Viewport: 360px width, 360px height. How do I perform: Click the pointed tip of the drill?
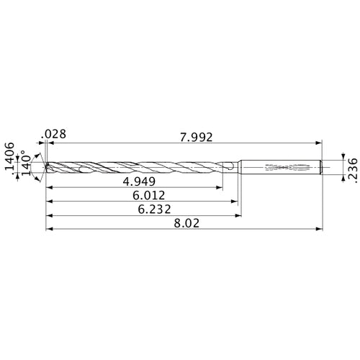(x=45, y=168)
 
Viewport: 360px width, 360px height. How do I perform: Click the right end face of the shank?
(x=320, y=168)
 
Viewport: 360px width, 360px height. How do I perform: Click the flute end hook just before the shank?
(x=228, y=168)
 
